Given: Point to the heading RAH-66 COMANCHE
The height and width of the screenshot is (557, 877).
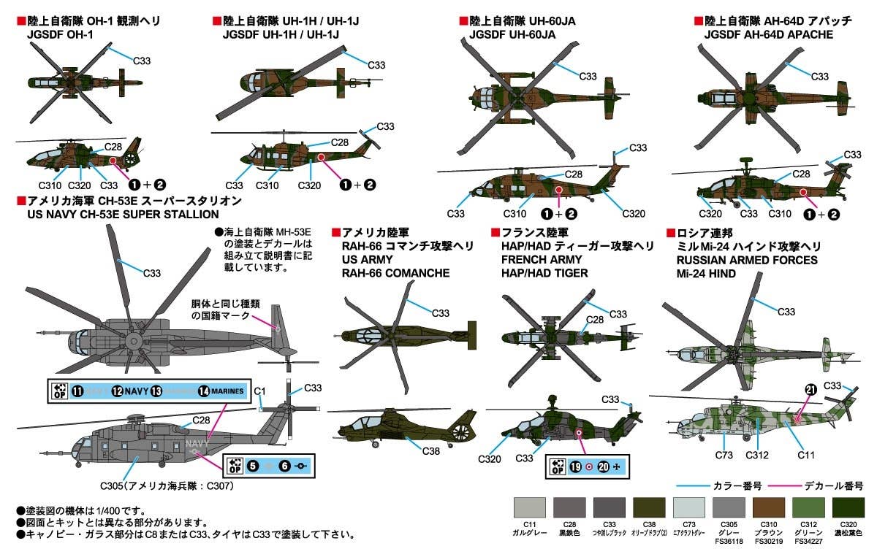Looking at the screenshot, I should (x=395, y=274).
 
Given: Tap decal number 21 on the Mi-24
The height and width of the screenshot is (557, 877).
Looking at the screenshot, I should (x=810, y=390).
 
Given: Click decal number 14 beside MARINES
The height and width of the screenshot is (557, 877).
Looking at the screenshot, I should (x=203, y=391).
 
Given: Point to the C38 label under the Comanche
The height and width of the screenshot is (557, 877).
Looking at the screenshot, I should (x=431, y=451).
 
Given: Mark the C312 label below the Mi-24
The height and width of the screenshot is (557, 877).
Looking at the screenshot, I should (x=757, y=456).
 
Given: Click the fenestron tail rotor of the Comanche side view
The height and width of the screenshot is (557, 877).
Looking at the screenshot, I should (x=462, y=427).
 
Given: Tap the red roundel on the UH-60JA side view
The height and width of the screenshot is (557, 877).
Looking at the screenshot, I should (x=558, y=190).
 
